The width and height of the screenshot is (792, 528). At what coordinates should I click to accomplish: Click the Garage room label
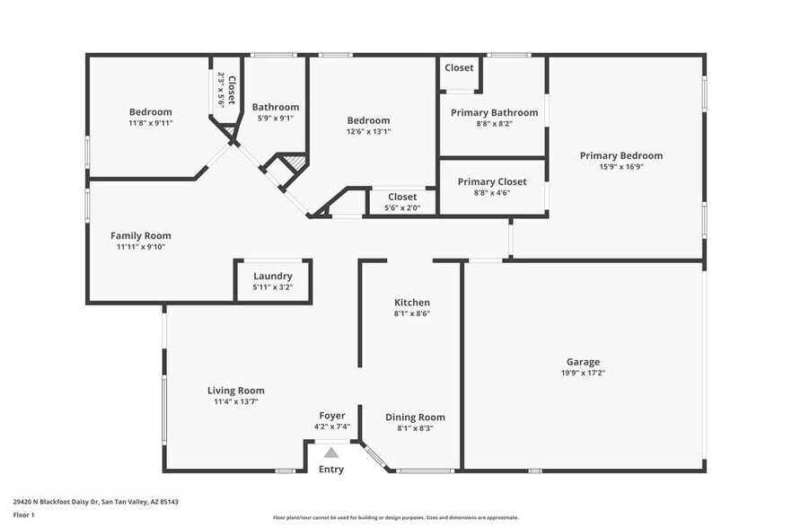583,362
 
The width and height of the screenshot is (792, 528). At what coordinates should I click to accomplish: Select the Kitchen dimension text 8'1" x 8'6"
411,313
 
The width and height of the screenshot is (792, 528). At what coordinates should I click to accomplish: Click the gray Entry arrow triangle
331,453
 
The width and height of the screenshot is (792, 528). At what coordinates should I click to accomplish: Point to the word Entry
331,469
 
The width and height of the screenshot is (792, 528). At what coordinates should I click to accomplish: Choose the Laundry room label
272,276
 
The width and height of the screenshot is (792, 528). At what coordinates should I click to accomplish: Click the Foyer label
332,416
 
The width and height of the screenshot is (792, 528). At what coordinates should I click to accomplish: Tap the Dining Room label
415,417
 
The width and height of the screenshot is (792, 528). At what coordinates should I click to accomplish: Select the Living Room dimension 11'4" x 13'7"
236,401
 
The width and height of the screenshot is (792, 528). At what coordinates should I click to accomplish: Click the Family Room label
141,236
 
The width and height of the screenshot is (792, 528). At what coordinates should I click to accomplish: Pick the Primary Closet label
492,181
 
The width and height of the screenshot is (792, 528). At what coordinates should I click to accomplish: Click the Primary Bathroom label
494,112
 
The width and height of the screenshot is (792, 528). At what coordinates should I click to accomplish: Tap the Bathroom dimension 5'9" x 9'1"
275,118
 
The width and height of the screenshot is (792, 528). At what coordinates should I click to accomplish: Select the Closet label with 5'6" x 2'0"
402,197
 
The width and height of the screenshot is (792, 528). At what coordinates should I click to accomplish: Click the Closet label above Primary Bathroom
459,67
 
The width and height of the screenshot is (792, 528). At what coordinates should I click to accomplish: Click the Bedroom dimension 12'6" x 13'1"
368,131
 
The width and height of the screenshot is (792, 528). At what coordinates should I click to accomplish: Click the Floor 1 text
23,515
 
